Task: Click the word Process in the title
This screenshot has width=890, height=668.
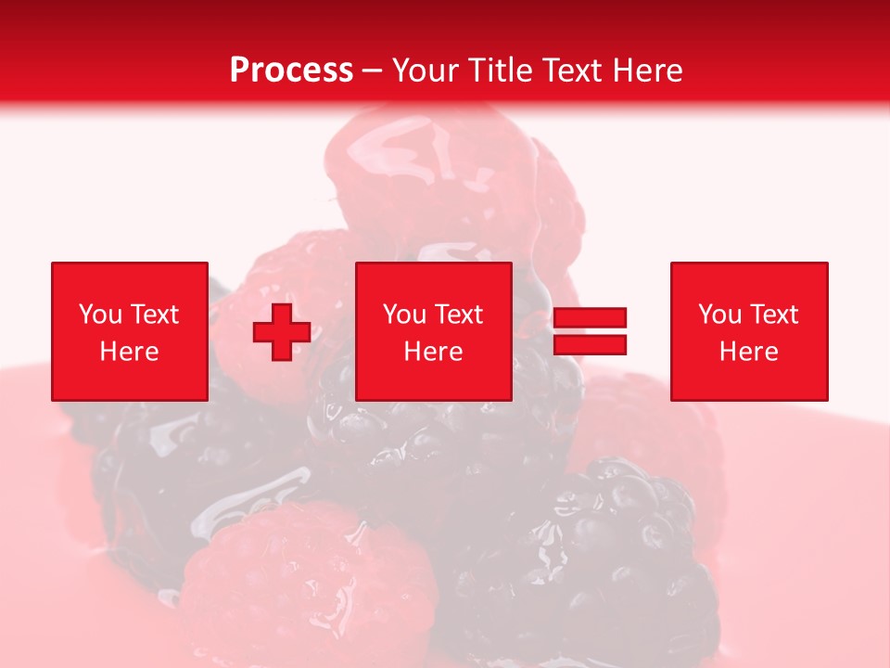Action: (291, 71)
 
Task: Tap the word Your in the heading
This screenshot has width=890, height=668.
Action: (426, 71)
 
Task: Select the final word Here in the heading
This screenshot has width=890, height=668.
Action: (648, 71)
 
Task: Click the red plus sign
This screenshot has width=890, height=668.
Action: (282, 331)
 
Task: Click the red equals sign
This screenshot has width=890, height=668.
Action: (590, 331)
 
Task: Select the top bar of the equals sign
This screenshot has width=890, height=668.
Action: (590, 318)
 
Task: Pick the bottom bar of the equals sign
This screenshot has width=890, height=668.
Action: (590, 344)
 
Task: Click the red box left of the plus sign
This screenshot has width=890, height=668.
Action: (130, 331)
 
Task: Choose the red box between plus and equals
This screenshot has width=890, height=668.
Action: (434, 331)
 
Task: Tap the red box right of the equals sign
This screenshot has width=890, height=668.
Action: (749, 331)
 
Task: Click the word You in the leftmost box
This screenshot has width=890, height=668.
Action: (100, 315)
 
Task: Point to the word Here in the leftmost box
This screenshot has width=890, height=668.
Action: (130, 352)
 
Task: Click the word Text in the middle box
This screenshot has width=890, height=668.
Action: (459, 315)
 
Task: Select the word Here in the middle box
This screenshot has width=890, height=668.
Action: (434, 352)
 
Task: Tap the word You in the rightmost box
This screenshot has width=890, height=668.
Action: (719, 315)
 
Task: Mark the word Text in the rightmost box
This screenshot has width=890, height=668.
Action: (774, 315)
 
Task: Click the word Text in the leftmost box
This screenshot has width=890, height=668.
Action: (155, 315)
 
